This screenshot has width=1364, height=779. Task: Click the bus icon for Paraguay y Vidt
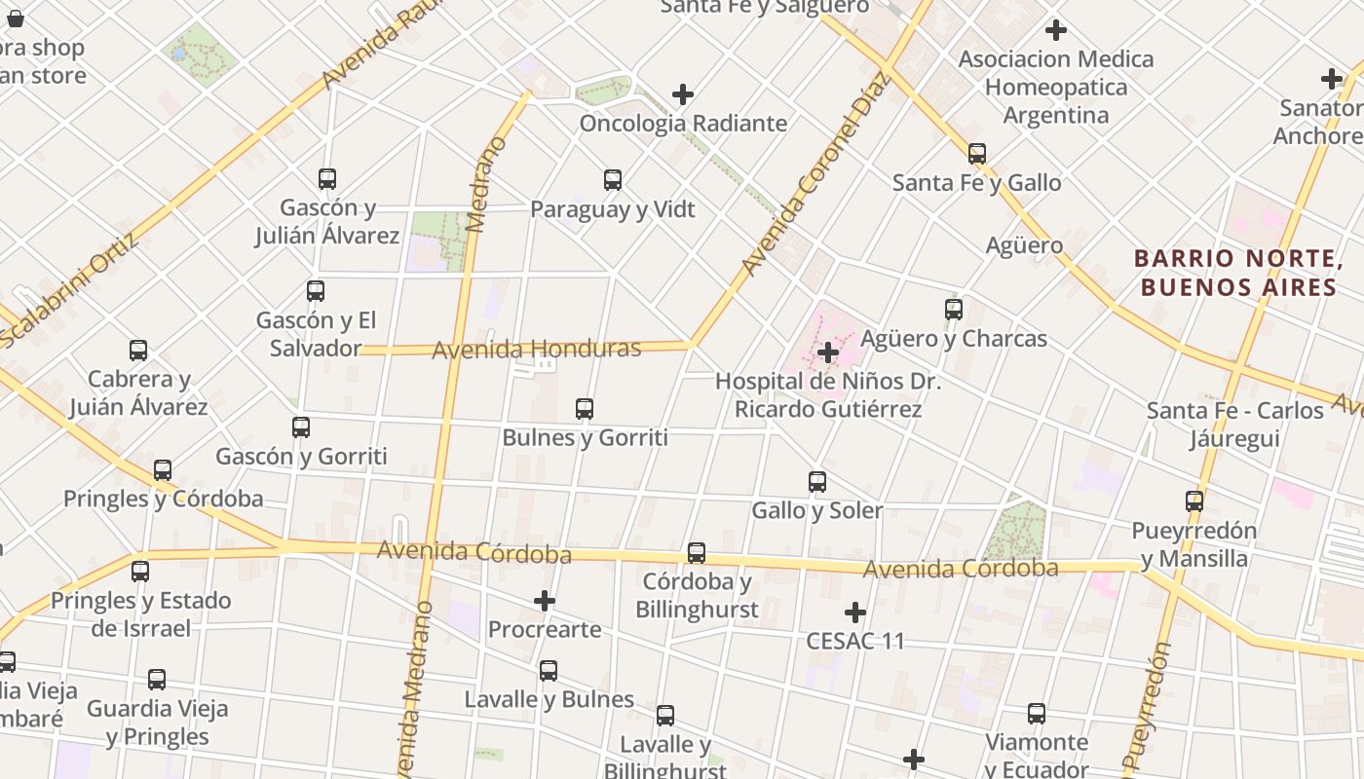[x=613, y=180]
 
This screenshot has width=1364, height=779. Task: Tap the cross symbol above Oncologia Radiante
[x=683, y=94]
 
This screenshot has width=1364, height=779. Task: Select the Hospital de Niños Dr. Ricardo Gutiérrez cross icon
[x=828, y=352]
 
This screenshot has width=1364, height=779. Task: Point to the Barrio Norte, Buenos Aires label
[x=1238, y=273]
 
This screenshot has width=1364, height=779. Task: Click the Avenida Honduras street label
[x=537, y=349]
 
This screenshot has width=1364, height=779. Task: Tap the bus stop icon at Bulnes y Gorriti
[x=585, y=409]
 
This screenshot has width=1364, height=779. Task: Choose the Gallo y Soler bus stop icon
[x=817, y=482]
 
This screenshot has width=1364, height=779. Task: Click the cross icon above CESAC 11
[x=855, y=612]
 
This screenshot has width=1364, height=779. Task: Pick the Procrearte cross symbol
[x=545, y=601]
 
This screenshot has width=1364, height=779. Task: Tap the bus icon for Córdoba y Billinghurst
[x=697, y=553]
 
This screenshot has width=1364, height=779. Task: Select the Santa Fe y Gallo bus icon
[x=977, y=154]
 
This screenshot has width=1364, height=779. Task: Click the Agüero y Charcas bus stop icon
[x=954, y=310]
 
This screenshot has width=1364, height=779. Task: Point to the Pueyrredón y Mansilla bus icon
[x=1194, y=501]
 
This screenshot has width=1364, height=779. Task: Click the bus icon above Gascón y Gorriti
[x=301, y=427]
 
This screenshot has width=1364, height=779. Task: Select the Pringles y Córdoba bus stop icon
[x=163, y=470]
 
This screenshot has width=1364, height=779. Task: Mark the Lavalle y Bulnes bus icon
[x=549, y=671]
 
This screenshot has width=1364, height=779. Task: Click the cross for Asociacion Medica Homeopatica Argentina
[x=1055, y=30]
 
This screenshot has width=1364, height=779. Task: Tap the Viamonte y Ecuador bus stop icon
[x=1037, y=714]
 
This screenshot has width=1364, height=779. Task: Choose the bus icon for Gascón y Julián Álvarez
[x=327, y=179]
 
